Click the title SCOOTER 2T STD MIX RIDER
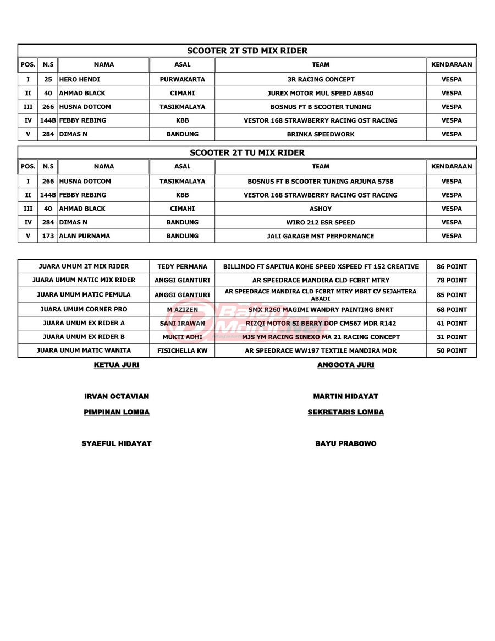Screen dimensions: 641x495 (247, 51)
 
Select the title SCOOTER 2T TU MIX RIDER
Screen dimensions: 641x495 (247, 152)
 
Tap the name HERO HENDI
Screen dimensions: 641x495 (80, 79)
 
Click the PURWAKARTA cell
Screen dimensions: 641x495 (182, 79)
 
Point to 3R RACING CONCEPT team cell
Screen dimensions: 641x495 (321, 79)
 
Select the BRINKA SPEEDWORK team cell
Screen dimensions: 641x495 (321, 134)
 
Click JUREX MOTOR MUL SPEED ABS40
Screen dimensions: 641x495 (321, 93)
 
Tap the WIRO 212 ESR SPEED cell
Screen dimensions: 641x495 (321, 222)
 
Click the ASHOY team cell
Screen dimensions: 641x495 (321, 209)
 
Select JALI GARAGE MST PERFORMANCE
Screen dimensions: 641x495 (321, 236)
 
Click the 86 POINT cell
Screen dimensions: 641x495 (452, 266)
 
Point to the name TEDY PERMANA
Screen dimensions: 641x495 (182, 266)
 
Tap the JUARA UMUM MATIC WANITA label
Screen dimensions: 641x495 (84, 350)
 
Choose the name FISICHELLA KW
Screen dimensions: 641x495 (182, 350)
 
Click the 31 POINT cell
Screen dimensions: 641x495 (452, 337)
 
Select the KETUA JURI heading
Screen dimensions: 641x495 (117, 365)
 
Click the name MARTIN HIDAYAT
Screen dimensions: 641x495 (345, 396)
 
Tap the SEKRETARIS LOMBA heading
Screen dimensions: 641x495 (345, 412)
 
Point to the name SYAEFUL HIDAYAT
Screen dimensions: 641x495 (117, 443)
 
